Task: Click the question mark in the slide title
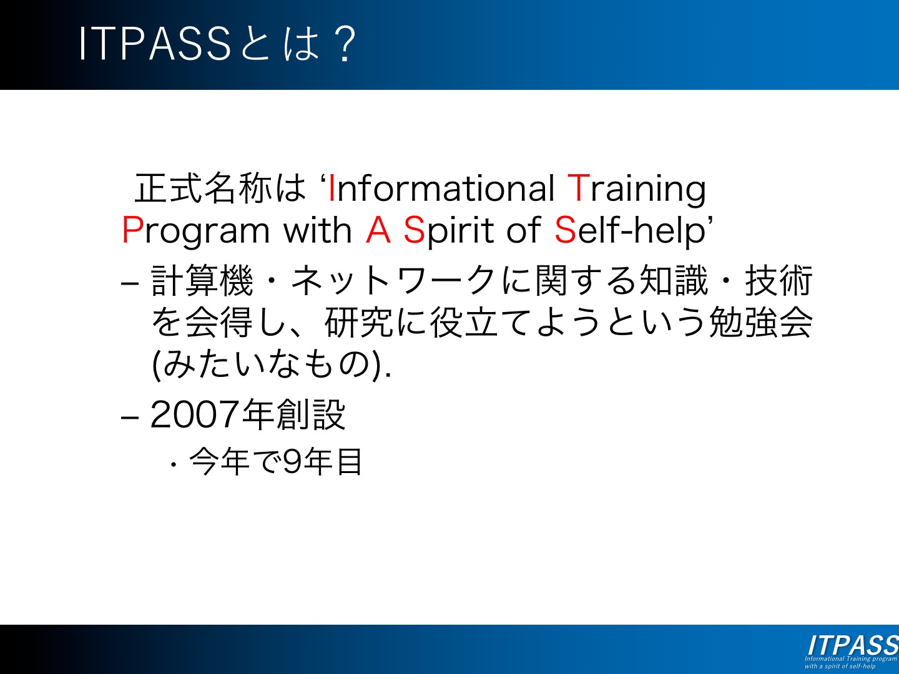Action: coord(345,44)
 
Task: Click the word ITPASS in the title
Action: coord(155,44)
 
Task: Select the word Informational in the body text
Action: coord(441,188)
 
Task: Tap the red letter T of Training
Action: coord(578,188)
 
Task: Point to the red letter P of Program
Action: coord(132,230)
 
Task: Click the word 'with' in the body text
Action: coord(318,230)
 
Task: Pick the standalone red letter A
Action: coord(378,230)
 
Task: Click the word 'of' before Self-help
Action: coord(524,230)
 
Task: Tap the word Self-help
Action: coord(630,232)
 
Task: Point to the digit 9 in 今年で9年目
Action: coord(293,462)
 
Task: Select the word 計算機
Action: coord(202,280)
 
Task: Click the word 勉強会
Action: coord(760,323)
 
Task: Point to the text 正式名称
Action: coord(203,188)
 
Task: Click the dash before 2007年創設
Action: coord(130,418)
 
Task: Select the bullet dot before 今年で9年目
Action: coord(174,464)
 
